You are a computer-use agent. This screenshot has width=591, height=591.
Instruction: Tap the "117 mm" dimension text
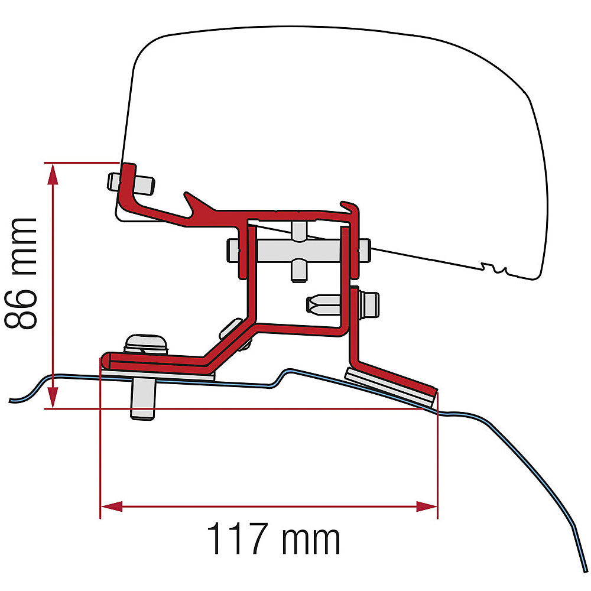tap(273, 539)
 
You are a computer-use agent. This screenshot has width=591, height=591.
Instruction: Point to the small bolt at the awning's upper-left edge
tap(131, 182)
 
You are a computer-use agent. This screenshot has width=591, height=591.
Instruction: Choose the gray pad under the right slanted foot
tap(390, 384)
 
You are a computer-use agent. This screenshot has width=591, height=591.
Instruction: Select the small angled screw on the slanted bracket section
tap(233, 329)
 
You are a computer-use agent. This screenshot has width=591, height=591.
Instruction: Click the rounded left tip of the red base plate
tap(106, 360)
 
